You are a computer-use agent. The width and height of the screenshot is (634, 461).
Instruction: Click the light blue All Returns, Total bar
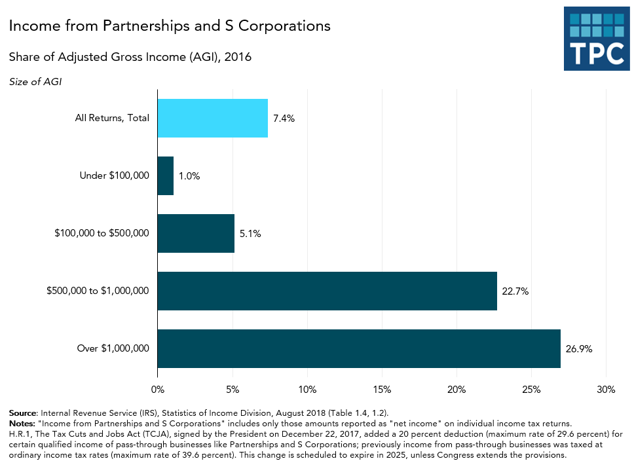[x=213, y=118]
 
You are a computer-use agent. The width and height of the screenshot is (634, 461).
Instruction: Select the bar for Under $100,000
[x=166, y=175]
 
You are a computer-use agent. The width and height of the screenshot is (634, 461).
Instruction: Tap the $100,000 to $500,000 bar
[x=196, y=233]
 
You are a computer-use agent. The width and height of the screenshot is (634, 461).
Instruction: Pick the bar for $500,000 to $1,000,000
[x=327, y=291]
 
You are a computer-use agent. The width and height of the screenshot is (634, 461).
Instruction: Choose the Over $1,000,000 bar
[x=359, y=348]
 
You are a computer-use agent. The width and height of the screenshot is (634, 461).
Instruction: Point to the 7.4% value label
[x=284, y=119]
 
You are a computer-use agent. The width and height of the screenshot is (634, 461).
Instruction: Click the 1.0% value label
[x=189, y=176]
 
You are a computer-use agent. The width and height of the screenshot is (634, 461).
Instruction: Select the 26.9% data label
[x=579, y=349]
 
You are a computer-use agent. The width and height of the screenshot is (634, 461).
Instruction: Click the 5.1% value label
[x=250, y=234]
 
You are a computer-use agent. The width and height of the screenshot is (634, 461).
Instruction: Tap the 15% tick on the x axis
[x=382, y=390]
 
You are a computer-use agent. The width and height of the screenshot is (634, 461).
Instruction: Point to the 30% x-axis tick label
[x=606, y=390]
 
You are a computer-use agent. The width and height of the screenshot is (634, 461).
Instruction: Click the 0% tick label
[x=158, y=390]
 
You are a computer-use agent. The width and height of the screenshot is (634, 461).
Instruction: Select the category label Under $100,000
[x=114, y=175]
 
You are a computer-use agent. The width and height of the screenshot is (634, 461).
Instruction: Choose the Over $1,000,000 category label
[x=113, y=348]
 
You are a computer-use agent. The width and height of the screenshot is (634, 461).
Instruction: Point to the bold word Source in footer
[x=23, y=413]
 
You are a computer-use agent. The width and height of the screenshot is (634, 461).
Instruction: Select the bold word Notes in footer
[x=22, y=423]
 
